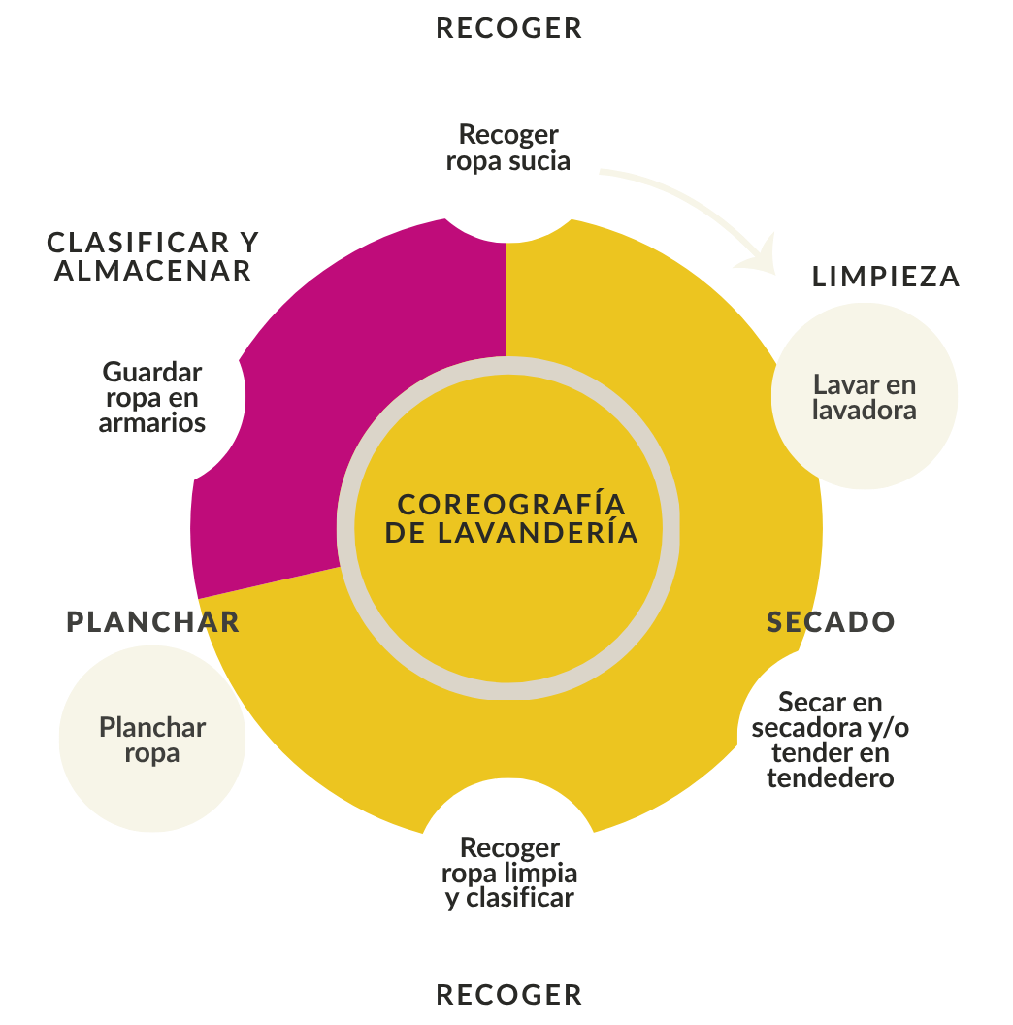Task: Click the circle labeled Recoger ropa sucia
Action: pyautogui.click(x=508, y=148)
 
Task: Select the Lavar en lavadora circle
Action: pyautogui.click(x=864, y=396)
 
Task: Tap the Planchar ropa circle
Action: pyautogui.click(x=152, y=739)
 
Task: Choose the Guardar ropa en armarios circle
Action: pyautogui.click(x=152, y=397)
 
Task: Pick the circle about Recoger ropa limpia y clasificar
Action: pyautogui.click(x=508, y=872)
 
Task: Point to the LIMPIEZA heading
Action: pyautogui.click(x=885, y=277)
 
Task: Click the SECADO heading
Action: pyautogui.click(x=831, y=622)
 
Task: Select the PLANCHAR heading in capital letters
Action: pyautogui.click(x=152, y=622)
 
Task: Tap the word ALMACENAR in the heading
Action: pyautogui.click(x=152, y=270)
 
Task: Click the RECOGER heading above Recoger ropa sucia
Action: pyautogui.click(x=508, y=28)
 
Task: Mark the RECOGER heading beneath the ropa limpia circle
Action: pyautogui.click(x=508, y=995)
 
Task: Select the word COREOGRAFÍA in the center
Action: pyautogui.click(x=511, y=505)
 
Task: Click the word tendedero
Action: pyautogui.click(x=830, y=777)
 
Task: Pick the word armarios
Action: pyautogui.click(x=152, y=423)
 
